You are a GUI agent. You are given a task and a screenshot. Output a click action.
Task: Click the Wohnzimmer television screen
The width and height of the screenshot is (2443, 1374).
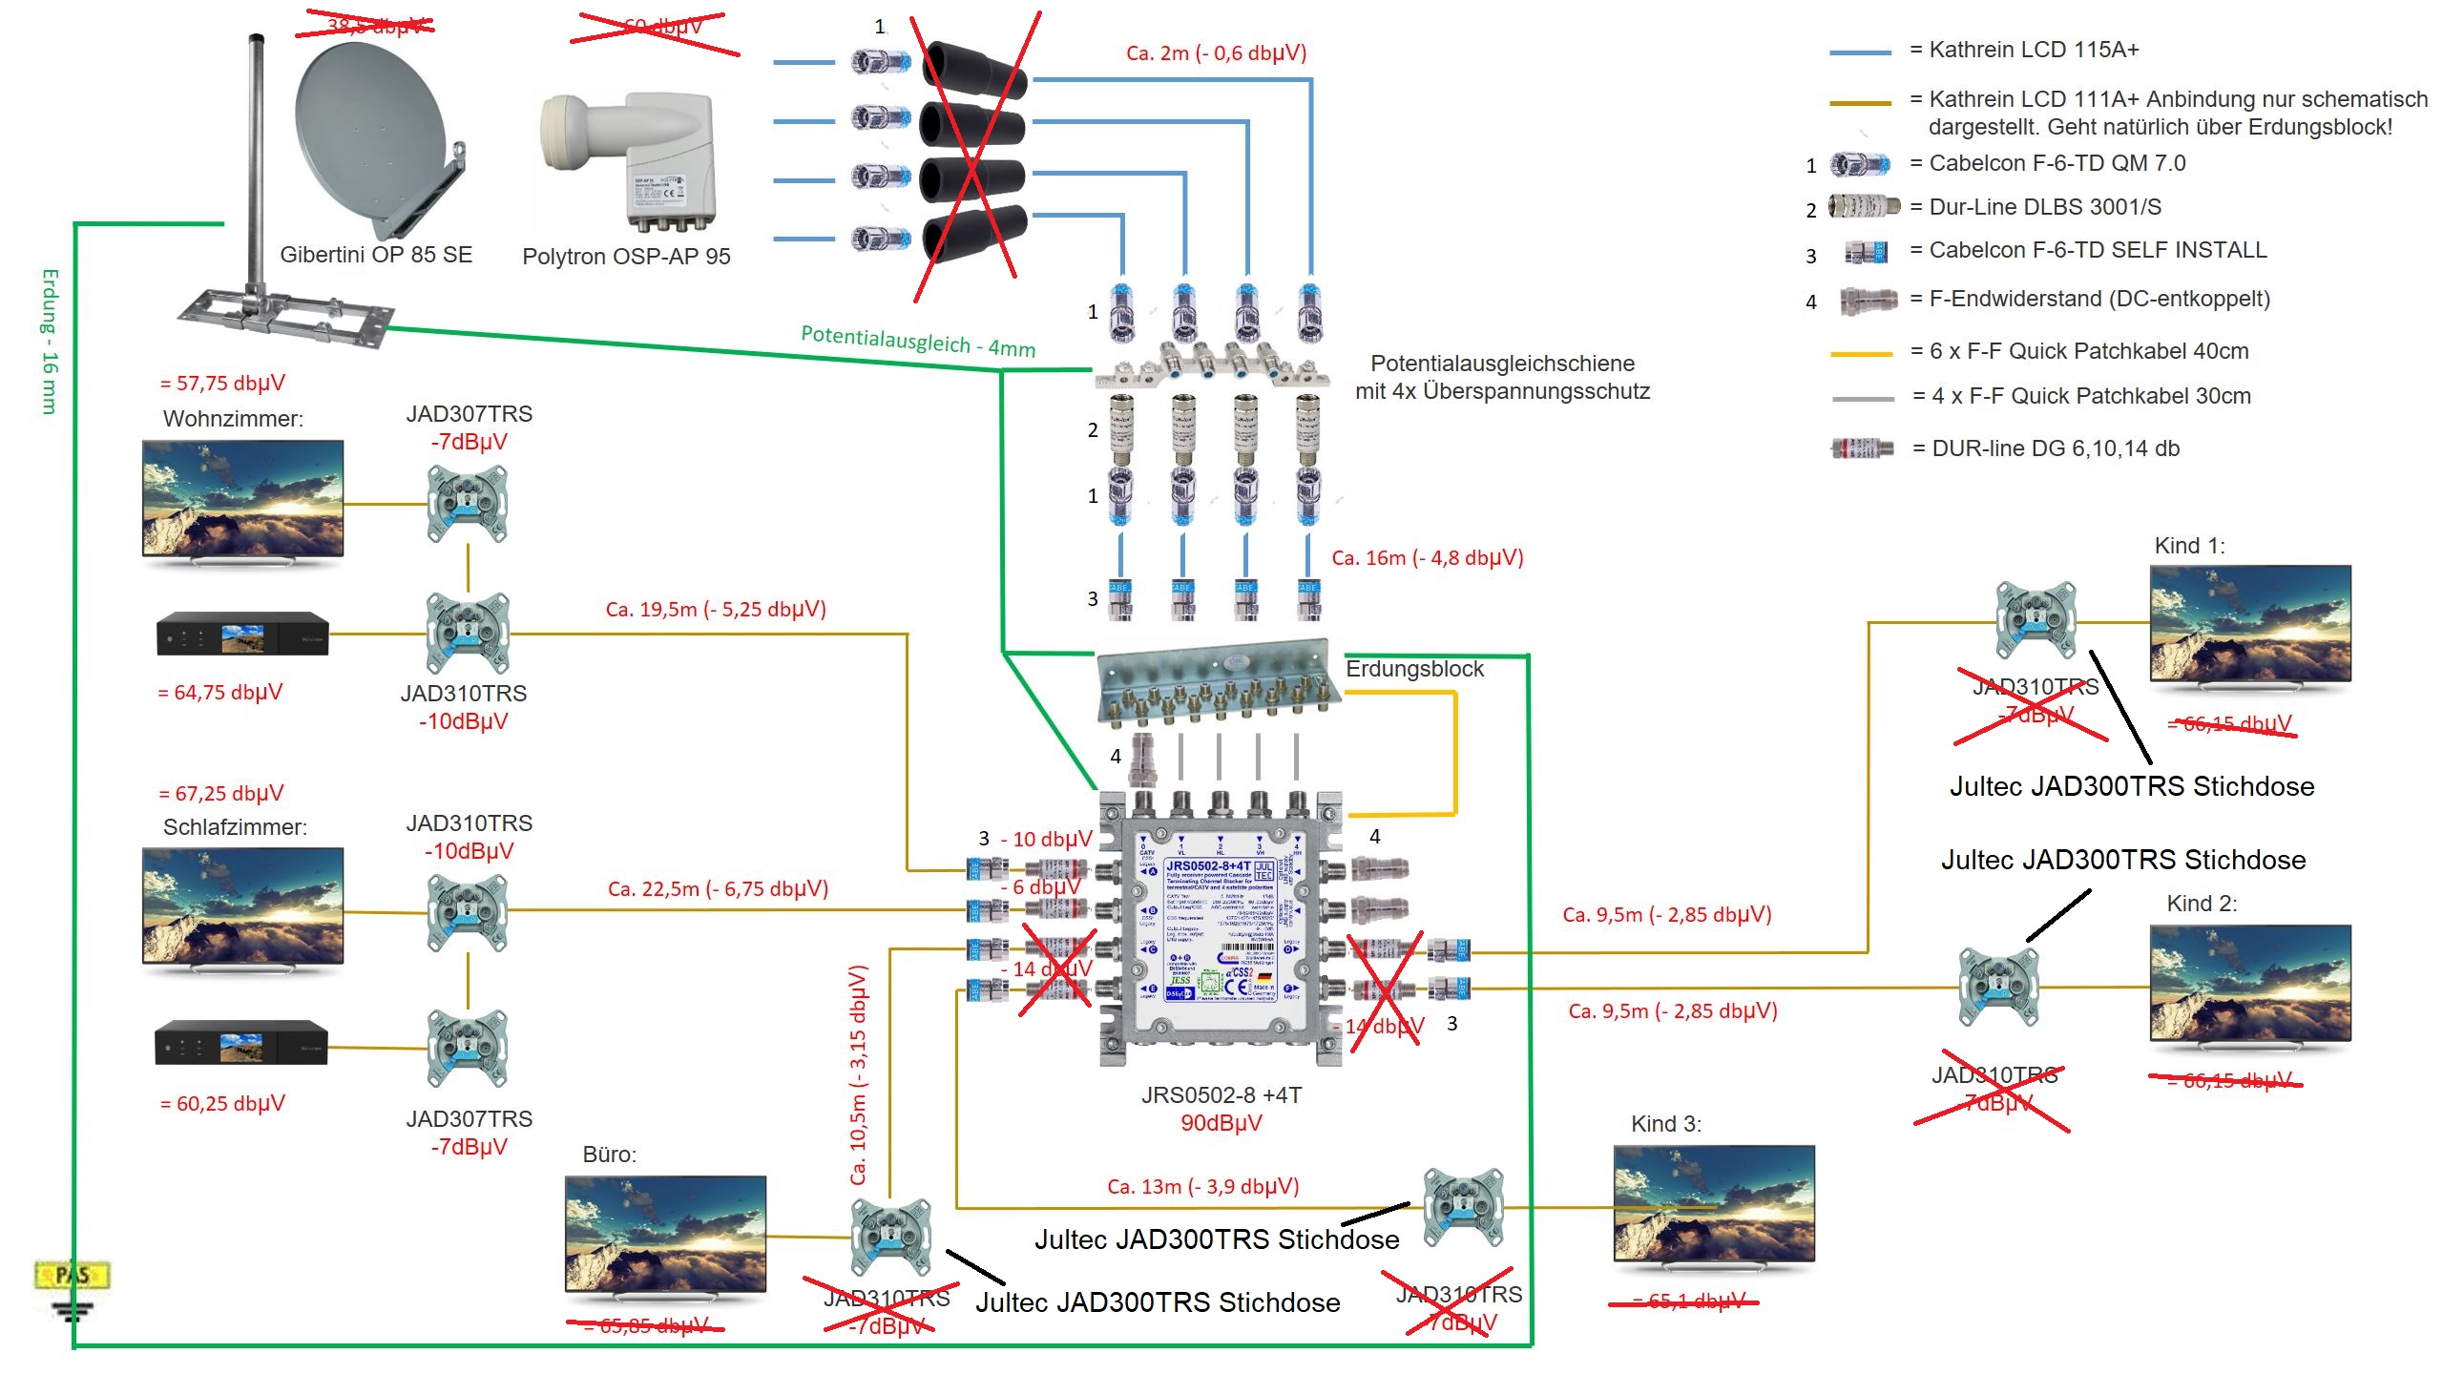pos(242,498)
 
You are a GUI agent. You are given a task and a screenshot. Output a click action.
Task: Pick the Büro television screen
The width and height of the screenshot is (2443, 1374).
pos(665,1233)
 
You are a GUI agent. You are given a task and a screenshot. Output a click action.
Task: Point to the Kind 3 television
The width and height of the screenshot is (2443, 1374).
pos(1713,1204)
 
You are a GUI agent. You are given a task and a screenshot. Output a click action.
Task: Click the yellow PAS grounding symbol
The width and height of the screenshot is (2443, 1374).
pos(73,1276)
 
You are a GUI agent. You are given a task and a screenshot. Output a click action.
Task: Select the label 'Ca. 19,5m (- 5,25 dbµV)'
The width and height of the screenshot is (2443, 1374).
pos(716,610)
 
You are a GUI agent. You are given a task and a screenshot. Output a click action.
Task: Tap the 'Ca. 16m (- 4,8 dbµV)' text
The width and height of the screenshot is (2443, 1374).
pos(1428,558)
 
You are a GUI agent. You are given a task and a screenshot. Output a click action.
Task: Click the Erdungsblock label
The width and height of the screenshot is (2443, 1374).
pos(1414,670)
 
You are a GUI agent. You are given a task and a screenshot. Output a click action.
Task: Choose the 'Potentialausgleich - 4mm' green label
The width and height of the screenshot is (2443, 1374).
pos(917,341)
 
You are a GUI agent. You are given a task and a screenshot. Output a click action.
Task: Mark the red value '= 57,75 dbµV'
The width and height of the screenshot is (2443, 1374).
pos(222,384)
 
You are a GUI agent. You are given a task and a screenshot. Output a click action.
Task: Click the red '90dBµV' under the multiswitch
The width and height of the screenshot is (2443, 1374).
pos(1221,1123)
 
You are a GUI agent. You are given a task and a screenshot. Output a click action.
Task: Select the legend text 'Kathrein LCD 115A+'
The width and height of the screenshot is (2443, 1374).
pos(2033,50)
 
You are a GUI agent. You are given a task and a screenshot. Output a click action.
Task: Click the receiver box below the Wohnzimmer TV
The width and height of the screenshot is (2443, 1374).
pos(242,634)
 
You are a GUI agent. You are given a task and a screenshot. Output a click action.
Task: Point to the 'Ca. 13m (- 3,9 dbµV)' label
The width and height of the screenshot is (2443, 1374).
pos(1202,1187)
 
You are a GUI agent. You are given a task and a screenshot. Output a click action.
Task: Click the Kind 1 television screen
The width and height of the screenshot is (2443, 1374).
pos(2249,623)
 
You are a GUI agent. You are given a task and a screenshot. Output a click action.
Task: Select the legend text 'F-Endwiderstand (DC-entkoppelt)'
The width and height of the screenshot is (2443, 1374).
pos(2098,300)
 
